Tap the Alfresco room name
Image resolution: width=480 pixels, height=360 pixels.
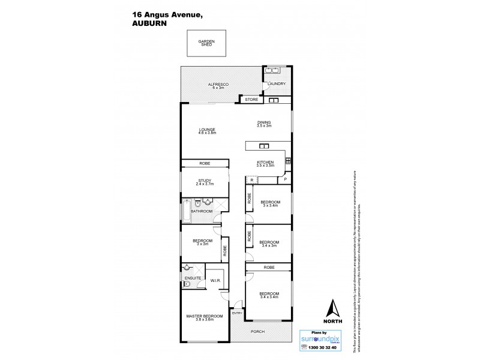(215, 86)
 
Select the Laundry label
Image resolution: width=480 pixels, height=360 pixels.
(277, 84)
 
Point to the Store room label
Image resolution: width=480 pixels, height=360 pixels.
(251, 99)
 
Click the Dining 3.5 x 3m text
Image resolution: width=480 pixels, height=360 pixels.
(264, 124)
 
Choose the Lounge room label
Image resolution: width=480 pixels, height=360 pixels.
(208, 131)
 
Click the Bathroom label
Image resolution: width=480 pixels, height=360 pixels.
(202, 211)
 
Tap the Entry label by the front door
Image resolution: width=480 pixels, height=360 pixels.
(237, 313)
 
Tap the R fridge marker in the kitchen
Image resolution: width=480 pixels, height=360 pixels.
(251, 179)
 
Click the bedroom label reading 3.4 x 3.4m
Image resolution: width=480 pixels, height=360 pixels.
(268, 295)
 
